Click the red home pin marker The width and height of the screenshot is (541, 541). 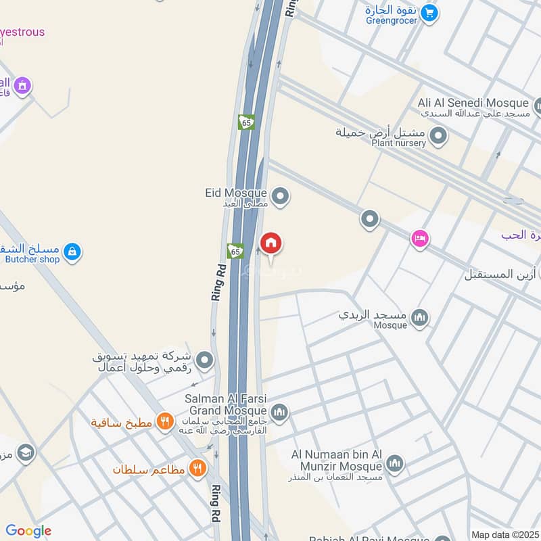pos(271,244)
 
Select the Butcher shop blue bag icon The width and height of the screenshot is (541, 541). pos(72,253)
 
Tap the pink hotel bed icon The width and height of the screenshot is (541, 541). pos(420,239)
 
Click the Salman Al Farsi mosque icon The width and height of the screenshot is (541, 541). pos(279,411)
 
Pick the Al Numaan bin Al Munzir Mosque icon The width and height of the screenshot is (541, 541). pos(395,464)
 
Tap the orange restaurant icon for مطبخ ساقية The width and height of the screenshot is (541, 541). pos(164,423)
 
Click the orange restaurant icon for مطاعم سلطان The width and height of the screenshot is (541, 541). pos(197,468)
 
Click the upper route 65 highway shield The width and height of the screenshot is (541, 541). pos(245,122)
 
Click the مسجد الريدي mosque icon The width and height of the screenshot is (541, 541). pos(420,316)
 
